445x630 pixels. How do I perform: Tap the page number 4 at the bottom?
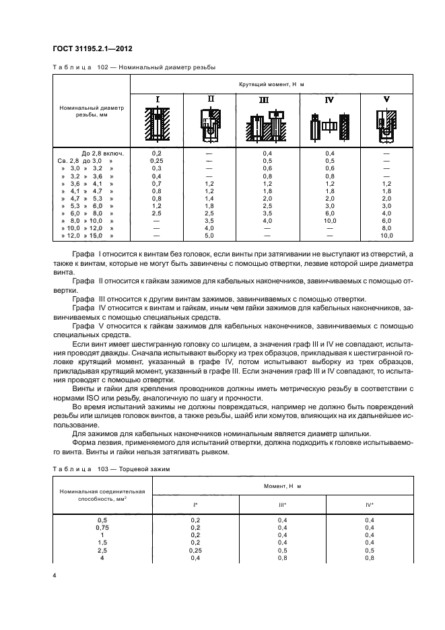click(55, 576)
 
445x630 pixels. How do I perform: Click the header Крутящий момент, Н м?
click(271, 85)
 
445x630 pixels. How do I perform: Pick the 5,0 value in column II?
click(209, 236)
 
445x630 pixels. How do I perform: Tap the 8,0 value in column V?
click(386, 229)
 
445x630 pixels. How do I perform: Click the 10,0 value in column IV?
click(329, 221)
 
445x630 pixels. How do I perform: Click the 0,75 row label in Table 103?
click(102, 528)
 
